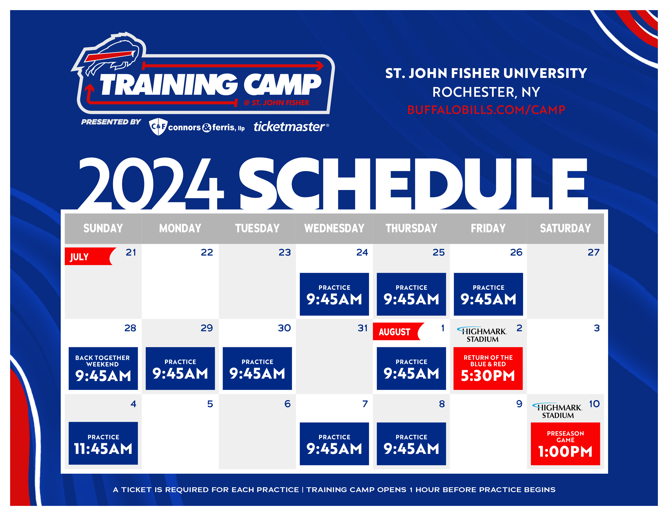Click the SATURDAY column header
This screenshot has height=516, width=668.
pyautogui.click(x=565, y=228)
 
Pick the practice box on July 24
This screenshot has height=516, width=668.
pyautogui.click(x=334, y=294)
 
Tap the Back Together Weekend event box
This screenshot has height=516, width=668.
pyautogui.click(x=103, y=368)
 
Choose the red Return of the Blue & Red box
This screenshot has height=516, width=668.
pyautogui.click(x=488, y=368)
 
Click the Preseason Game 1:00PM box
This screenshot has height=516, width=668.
pyautogui.click(x=565, y=444)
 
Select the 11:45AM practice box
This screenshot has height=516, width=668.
pyautogui.click(x=103, y=443)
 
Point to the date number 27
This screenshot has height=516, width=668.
pyautogui.click(x=593, y=253)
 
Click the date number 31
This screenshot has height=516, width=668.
pyautogui.click(x=363, y=328)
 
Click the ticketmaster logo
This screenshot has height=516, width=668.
pyautogui.click(x=291, y=126)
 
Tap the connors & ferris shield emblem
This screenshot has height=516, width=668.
pyautogui.click(x=158, y=126)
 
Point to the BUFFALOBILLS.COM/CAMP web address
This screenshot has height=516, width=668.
pyautogui.click(x=486, y=110)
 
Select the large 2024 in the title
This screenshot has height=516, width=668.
pyautogui.click(x=151, y=183)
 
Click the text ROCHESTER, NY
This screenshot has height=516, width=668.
pyautogui.click(x=486, y=92)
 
